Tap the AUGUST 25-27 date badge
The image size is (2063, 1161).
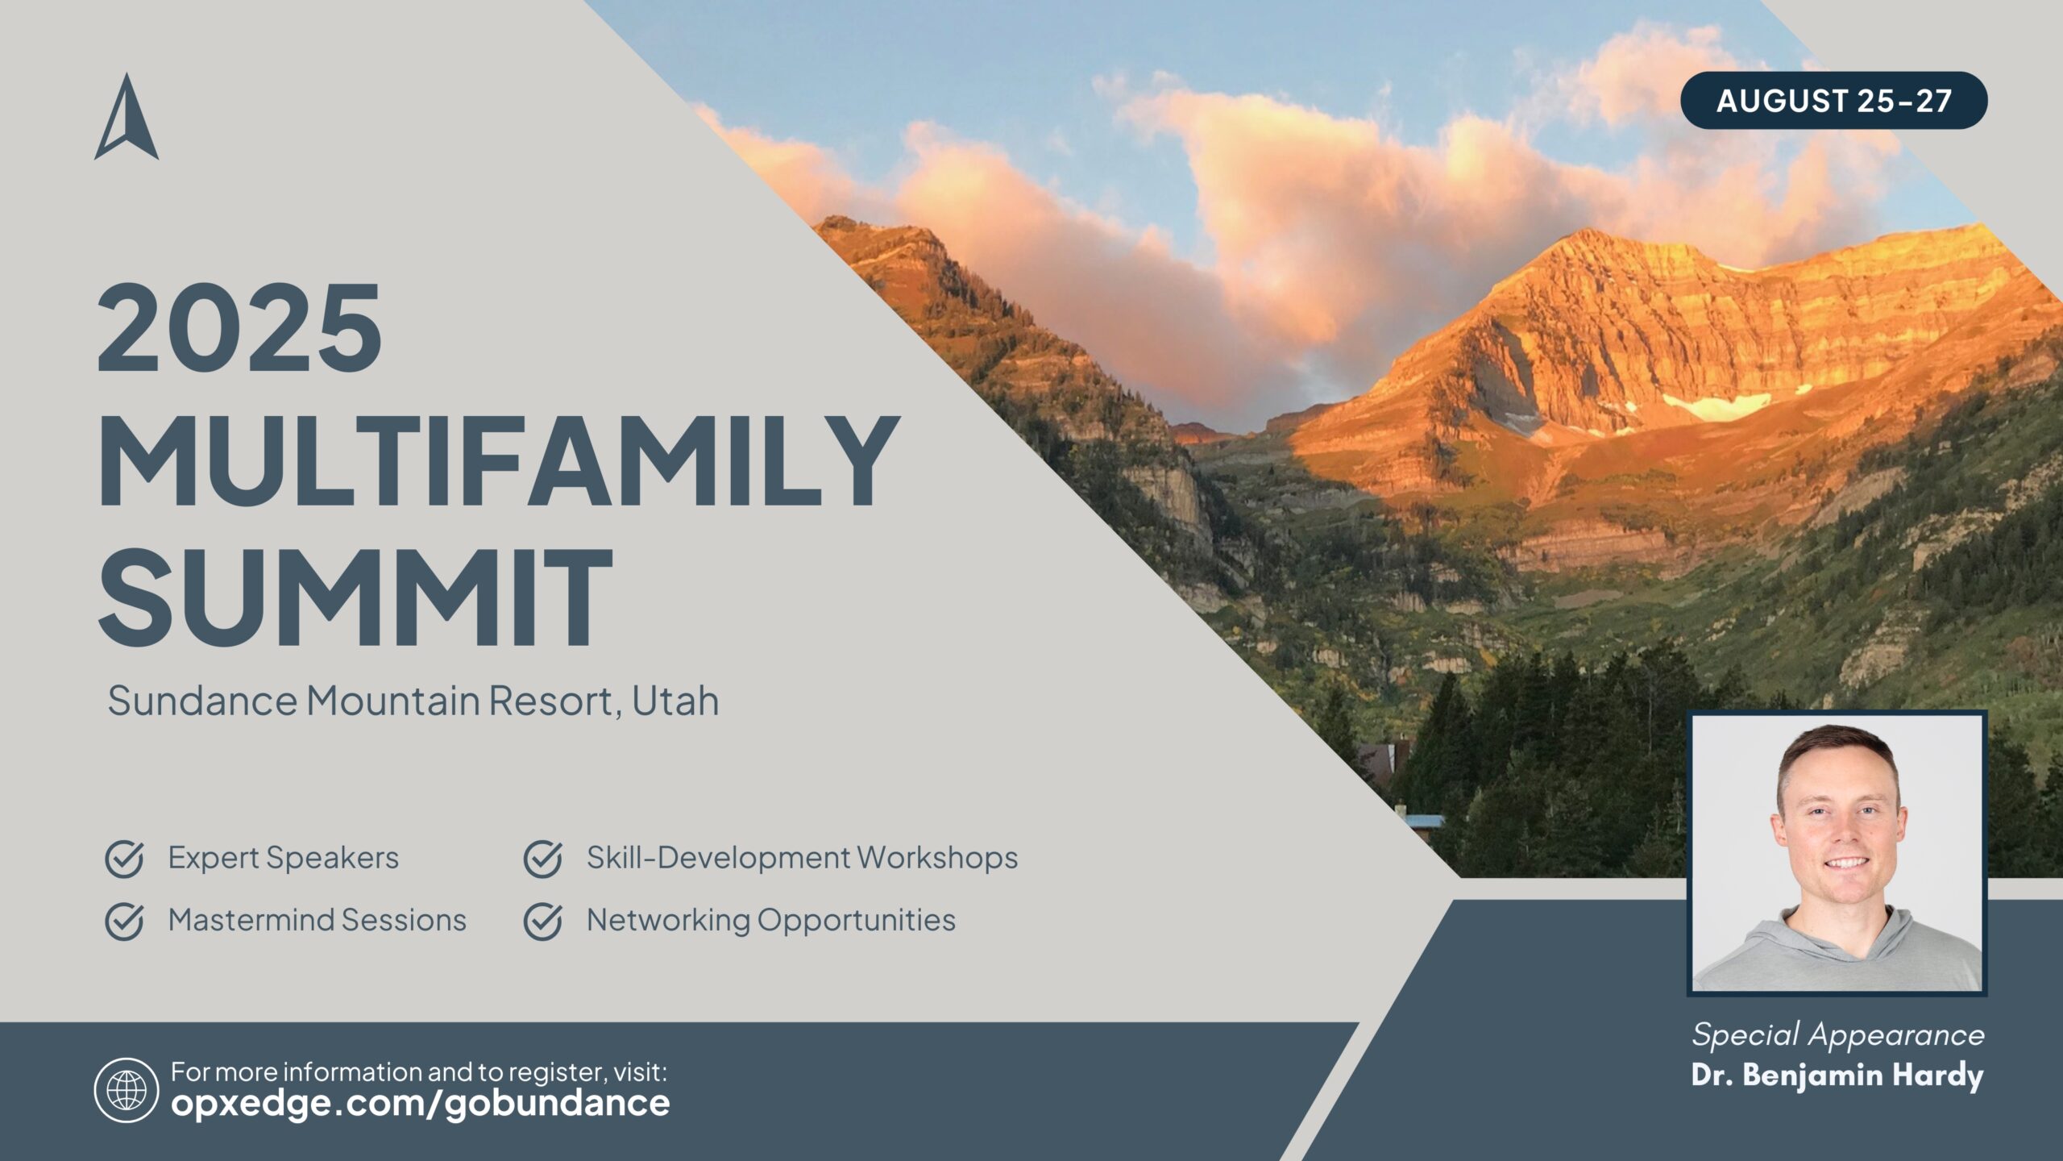pos(1833,101)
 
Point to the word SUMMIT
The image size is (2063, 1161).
pos(355,596)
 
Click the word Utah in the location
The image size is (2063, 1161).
pos(675,700)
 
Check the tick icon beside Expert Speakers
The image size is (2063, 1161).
pos(125,859)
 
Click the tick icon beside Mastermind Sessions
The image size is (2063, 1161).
pos(125,922)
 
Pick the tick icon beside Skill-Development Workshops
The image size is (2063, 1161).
pos(543,859)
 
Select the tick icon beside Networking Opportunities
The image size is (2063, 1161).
pos(543,922)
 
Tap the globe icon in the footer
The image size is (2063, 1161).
pos(127,1090)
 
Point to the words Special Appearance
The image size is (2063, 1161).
pos(1838,1035)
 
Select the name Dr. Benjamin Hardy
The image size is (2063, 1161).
pos(1837,1076)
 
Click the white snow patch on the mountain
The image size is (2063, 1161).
pos(1716,405)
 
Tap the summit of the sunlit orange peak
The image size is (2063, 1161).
pos(1586,232)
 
